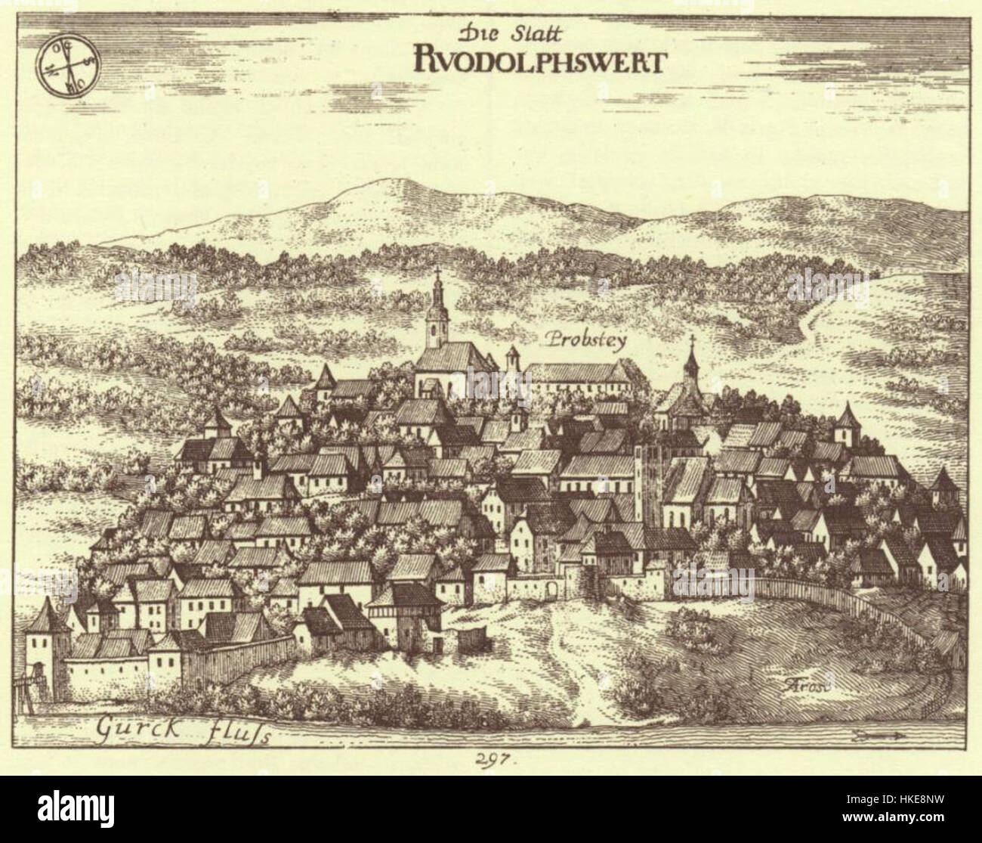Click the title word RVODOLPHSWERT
click(538, 60)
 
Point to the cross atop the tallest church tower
click(437, 275)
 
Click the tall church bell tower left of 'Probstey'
click(436, 321)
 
